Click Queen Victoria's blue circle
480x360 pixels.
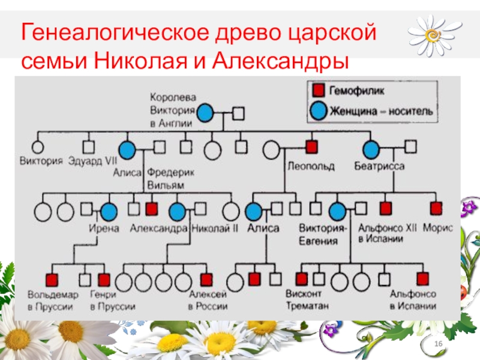click(x=206, y=112)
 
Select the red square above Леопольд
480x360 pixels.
click(x=311, y=147)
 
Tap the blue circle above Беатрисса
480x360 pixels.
click(x=372, y=148)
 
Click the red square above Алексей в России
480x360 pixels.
click(x=206, y=279)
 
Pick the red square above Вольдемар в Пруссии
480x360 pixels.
click(x=52, y=279)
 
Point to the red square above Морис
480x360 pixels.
click(x=436, y=208)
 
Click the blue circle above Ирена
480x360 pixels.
click(x=109, y=211)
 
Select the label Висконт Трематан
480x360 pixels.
click(x=304, y=299)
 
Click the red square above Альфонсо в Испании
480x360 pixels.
click(x=423, y=278)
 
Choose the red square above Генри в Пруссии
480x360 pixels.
click(x=104, y=279)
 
